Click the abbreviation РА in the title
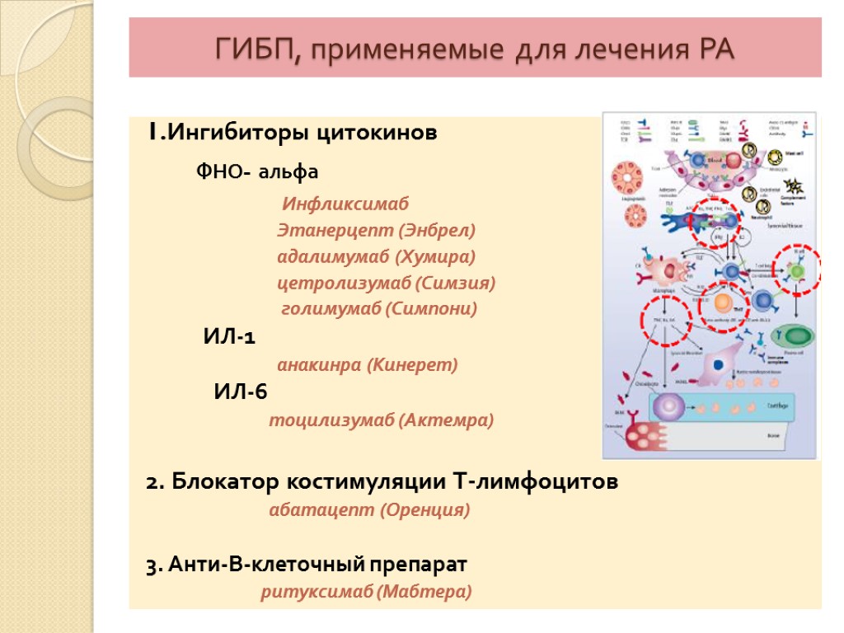click(x=711, y=49)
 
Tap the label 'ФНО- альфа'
click(x=256, y=173)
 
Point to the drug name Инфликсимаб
click(x=345, y=204)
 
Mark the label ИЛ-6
click(x=241, y=392)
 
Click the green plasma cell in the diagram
click(x=796, y=335)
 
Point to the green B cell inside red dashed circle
click(x=797, y=270)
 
